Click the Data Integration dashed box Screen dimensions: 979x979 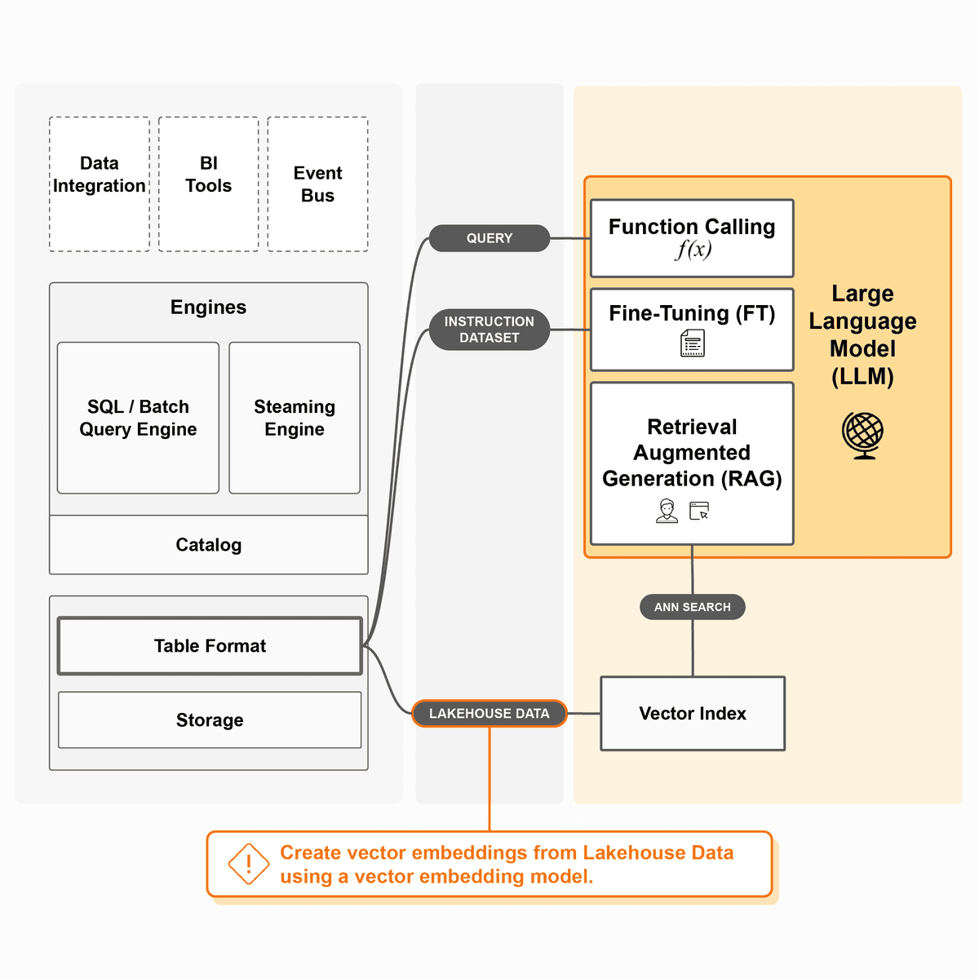100,184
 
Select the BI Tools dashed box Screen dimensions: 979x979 209,184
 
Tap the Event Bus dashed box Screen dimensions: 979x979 318,184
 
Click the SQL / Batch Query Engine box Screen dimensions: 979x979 138,418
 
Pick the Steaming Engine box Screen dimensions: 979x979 295,418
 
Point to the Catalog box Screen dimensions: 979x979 209,545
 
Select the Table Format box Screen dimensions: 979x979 210,646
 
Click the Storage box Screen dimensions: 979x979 210,720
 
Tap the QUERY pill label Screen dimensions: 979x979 489,238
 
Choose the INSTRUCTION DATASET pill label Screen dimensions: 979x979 489,330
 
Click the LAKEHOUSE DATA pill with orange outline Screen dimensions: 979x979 489,713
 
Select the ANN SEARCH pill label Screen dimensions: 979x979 693,607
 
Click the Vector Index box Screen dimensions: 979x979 693,713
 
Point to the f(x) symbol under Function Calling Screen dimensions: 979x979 693,250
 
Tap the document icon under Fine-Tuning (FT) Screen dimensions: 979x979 693,343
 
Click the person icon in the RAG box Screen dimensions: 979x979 667,512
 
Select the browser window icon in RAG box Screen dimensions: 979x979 699,512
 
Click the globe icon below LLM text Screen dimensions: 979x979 863,435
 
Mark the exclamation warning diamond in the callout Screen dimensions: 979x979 249,864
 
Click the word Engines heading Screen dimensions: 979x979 208,307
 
